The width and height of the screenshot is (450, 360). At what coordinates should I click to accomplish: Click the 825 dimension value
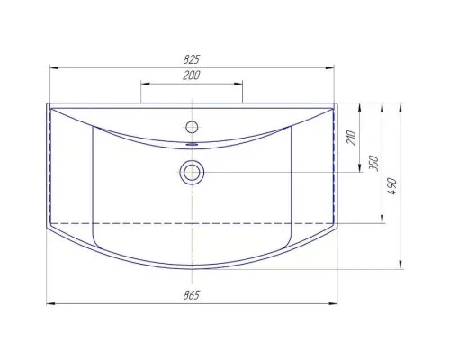click(192, 59)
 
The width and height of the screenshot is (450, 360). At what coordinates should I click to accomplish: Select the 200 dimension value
click(192, 76)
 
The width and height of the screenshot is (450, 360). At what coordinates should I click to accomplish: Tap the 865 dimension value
click(192, 295)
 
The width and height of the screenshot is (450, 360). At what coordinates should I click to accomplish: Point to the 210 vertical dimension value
click(351, 138)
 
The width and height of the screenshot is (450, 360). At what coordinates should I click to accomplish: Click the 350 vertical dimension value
click(373, 163)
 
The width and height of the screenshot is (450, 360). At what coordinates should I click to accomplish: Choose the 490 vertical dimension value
click(392, 186)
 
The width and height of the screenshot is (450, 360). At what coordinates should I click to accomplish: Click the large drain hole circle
click(192, 173)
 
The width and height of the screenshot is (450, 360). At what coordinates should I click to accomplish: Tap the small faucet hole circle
click(192, 127)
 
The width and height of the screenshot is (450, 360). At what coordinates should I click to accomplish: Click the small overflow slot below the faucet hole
click(192, 144)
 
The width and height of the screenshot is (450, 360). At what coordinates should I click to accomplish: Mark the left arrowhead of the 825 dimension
click(54, 68)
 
